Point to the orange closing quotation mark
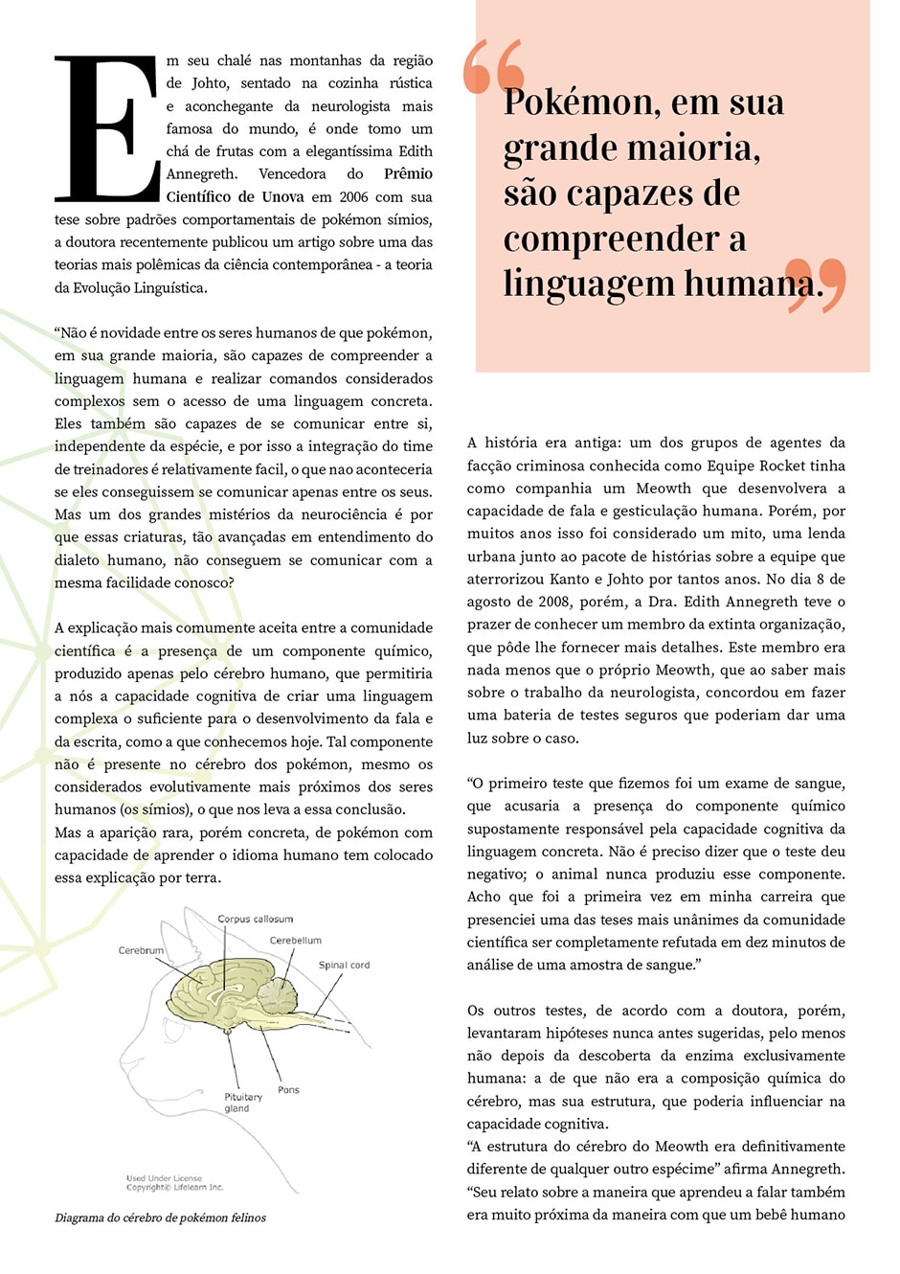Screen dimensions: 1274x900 816,284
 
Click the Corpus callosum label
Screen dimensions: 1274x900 255,919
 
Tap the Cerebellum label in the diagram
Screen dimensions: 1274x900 295,941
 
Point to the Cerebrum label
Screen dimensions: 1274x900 141,950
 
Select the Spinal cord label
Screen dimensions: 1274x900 344,965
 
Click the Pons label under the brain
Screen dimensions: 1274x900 288,1089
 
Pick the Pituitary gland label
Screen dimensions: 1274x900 242,1103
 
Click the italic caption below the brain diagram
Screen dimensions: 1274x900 160,1217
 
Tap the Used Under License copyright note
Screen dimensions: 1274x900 174,1182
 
